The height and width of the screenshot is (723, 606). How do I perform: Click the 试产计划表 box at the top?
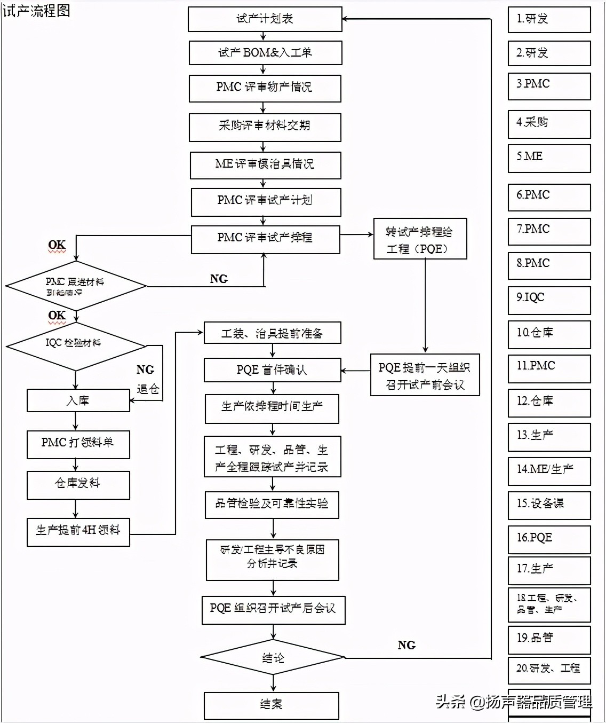[265, 19]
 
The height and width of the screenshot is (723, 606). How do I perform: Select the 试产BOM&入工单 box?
[265, 53]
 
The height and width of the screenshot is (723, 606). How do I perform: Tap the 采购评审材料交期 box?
[265, 127]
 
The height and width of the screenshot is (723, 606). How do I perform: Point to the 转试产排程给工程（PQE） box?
[420, 239]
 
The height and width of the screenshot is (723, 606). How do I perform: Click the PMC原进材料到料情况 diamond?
[76, 286]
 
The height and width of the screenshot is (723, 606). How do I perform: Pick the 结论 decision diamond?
[273, 658]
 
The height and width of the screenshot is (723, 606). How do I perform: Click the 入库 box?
[78, 400]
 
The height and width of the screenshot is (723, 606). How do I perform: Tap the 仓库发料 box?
[78, 484]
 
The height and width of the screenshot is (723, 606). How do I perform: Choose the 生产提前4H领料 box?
[78, 531]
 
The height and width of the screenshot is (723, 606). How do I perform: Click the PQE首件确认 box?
[272, 370]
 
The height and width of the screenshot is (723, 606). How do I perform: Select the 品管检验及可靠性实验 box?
[272, 505]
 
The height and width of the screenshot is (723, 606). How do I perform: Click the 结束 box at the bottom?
[271, 705]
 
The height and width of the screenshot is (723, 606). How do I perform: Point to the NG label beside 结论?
[406, 645]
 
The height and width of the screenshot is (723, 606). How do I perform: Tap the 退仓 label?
[148, 389]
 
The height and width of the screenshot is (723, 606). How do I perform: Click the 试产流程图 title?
[36, 11]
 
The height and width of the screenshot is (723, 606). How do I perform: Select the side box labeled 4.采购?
[549, 124]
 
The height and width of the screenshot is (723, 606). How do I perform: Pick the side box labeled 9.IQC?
[549, 300]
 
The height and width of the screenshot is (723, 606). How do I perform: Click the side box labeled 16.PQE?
[549, 539]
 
